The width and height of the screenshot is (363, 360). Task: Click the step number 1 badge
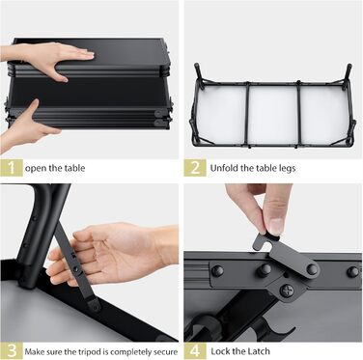pyautogui.click(x=12, y=168)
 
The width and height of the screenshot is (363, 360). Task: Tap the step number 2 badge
pyautogui.click(x=195, y=168)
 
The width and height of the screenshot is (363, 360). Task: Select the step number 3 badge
pyautogui.click(x=12, y=350)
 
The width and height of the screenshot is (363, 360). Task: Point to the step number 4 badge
pyautogui.click(x=195, y=350)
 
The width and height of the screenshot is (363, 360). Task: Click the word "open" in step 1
pyautogui.click(x=36, y=169)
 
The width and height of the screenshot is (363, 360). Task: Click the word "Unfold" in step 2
pyautogui.click(x=224, y=168)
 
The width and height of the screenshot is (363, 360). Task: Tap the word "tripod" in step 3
pyautogui.click(x=88, y=352)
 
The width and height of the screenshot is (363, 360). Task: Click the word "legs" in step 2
pyautogui.click(x=287, y=169)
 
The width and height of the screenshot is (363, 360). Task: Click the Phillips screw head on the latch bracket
pyautogui.click(x=287, y=291)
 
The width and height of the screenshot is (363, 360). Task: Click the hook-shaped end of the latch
pyautogui.click(x=264, y=243)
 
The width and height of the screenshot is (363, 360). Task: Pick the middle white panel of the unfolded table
pyautogui.click(x=273, y=116)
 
